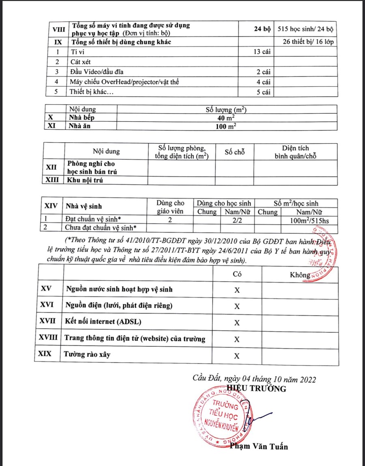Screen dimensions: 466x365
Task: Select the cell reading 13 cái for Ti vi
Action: click(261, 52)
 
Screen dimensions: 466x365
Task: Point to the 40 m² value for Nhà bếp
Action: click(227, 118)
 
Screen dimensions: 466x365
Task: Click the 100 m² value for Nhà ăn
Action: click(227, 126)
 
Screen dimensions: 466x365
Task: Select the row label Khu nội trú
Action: click(85, 181)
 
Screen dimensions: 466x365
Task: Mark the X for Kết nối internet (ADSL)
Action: click(237, 323)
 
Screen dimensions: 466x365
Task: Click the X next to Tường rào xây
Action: click(237, 356)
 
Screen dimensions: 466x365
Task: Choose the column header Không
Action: click(300, 275)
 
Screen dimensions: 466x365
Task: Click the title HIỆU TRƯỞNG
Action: click(257, 389)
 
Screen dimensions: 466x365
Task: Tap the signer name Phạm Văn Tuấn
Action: click(259, 447)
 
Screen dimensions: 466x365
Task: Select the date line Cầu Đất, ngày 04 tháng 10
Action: click(254, 379)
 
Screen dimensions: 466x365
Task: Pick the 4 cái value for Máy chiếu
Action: click(263, 82)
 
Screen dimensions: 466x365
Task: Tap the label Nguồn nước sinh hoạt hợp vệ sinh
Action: click(119, 289)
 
